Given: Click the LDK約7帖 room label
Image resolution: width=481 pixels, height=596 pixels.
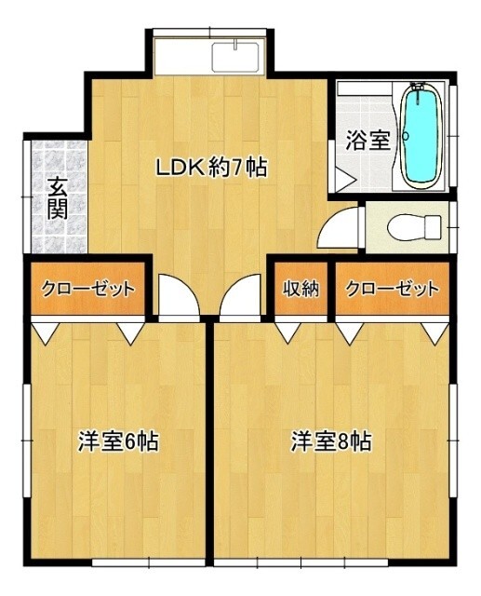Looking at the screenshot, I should click(211, 168).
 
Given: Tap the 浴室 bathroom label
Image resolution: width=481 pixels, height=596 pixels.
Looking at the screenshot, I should click(367, 141).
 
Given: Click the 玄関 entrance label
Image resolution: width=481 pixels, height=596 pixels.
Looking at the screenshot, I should click(58, 198).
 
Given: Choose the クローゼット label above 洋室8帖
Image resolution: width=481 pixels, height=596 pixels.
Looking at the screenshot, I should click(392, 289).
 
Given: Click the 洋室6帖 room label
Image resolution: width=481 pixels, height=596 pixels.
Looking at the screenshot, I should click(116, 440).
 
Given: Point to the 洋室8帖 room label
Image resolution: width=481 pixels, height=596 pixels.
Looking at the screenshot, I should click(330, 440).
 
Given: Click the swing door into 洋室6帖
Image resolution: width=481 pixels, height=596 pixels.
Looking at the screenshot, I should click(175, 298).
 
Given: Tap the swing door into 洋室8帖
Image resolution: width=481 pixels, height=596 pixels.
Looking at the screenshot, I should click(240, 298).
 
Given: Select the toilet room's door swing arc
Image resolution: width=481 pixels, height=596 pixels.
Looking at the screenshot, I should click(341, 226).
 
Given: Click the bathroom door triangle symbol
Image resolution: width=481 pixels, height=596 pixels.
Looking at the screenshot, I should click(345, 179).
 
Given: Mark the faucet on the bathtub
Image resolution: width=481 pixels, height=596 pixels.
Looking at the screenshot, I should click(421, 92).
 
